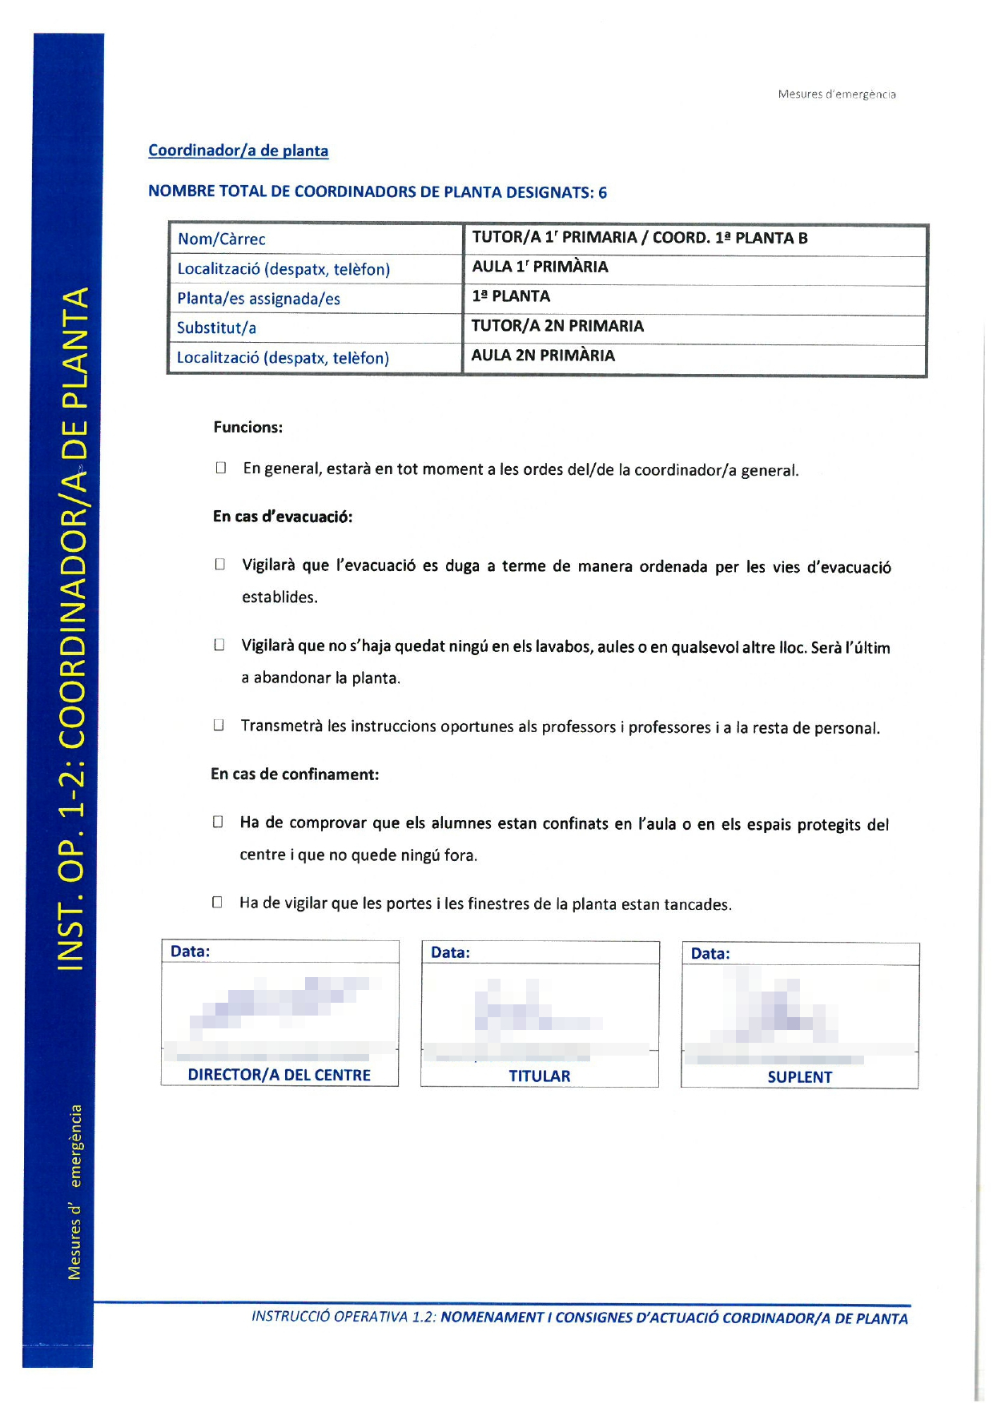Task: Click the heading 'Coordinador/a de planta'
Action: (238, 151)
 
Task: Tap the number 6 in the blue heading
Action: (602, 192)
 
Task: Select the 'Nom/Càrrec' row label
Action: (221, 239)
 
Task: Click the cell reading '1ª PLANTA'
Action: (511, 296)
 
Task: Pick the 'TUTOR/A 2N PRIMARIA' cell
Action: (557, 326)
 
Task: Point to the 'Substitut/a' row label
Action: (216, 328)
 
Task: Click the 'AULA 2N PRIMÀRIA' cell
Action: (543, 356)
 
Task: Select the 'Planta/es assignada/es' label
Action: (259, 299)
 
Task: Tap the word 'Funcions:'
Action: (247, 427)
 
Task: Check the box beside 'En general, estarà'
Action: (221, 468)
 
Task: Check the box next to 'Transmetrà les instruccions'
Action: (218, 726)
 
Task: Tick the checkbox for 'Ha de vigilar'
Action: (217, 903)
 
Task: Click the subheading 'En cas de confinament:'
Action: (295, 774)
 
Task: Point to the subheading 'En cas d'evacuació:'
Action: (283, 517)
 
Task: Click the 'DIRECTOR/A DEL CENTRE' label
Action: (279, 1075)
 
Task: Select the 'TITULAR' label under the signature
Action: (539, 1076)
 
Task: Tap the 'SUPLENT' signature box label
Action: (799, 1077)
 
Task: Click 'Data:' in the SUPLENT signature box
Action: (710, 954)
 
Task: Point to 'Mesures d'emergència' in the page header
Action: (837, 95)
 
